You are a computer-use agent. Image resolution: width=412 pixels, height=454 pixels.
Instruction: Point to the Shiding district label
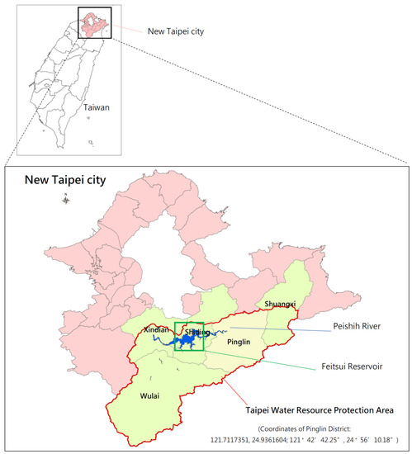[x=195, y=332]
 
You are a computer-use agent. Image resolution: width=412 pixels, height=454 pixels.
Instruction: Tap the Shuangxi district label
[x=280, y=304]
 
